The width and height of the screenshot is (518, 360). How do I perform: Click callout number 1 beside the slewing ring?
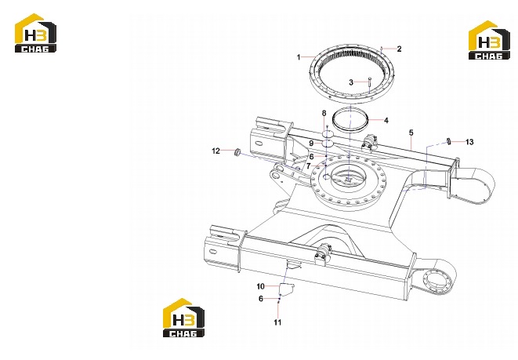[299, 57]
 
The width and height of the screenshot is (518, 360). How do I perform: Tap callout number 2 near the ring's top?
[399, 49]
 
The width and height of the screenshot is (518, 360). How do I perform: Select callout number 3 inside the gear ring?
[351, 82]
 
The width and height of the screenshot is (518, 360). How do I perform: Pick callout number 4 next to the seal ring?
[386, 120]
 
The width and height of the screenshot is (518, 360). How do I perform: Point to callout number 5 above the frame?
[411, 133]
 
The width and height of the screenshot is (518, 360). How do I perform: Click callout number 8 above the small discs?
[324, 113]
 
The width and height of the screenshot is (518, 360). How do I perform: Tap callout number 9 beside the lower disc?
[311, 144]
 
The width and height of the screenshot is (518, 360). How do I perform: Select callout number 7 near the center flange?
[309, 166]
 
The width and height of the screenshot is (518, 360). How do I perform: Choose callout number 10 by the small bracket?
[261, 286]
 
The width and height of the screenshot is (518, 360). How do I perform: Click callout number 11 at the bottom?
[277, 322]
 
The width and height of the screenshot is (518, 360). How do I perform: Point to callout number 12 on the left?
[216, 151]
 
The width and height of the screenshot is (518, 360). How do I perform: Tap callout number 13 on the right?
[469, 142]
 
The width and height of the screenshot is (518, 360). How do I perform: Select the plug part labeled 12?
[237, 152]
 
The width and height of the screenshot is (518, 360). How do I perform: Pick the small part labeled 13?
[448, 141]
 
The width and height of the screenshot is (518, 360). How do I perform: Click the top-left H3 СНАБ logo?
[35, 33]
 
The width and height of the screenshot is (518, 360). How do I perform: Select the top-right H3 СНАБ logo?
[489, 40]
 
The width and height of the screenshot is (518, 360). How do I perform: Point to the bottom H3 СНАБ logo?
[183, 318]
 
